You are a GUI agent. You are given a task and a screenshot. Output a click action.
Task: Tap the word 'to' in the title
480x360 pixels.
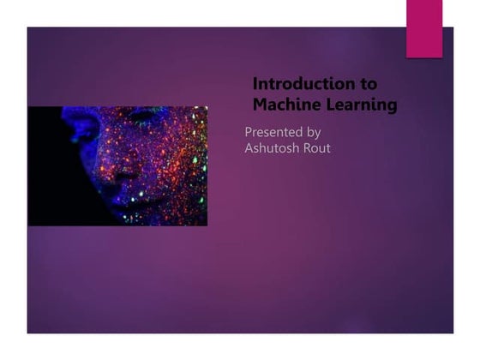point(368,84)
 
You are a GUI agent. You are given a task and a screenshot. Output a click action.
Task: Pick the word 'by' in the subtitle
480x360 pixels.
point(313,133)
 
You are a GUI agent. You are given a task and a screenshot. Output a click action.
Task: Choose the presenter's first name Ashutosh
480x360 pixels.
point(273,148)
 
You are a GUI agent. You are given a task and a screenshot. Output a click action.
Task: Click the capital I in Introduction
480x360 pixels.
point(255,84)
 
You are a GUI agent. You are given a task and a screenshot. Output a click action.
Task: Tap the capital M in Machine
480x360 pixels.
point(260,105)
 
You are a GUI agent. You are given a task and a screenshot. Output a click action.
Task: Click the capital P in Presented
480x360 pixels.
point(249,132)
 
